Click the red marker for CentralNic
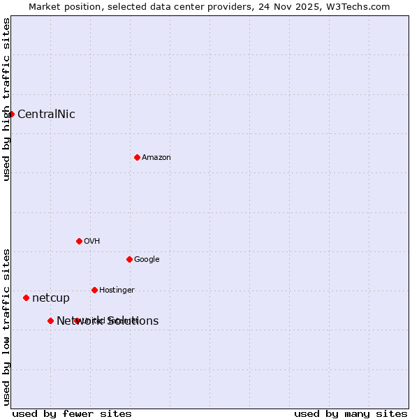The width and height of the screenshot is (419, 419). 12,114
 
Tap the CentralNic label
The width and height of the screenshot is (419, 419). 46,115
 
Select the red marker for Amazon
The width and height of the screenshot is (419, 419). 137,157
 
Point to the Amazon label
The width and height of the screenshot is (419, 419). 156,158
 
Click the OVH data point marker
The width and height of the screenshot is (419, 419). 79,241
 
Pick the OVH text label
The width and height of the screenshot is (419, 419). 92,242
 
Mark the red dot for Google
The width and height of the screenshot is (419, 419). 129,259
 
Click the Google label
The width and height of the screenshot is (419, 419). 147,260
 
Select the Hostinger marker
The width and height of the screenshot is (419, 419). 94,290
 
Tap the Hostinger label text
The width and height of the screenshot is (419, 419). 117,291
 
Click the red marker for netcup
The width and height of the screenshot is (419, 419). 26,297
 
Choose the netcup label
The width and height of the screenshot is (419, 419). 51,298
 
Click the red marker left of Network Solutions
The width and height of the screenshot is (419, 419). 50,321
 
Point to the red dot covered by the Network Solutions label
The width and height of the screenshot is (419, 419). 78,321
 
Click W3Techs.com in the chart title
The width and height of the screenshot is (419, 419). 355,7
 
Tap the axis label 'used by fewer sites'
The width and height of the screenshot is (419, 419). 72,414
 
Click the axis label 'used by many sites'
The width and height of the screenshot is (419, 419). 351,414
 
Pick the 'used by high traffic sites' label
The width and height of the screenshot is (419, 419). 7,100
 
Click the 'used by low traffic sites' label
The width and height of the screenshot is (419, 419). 7,326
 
